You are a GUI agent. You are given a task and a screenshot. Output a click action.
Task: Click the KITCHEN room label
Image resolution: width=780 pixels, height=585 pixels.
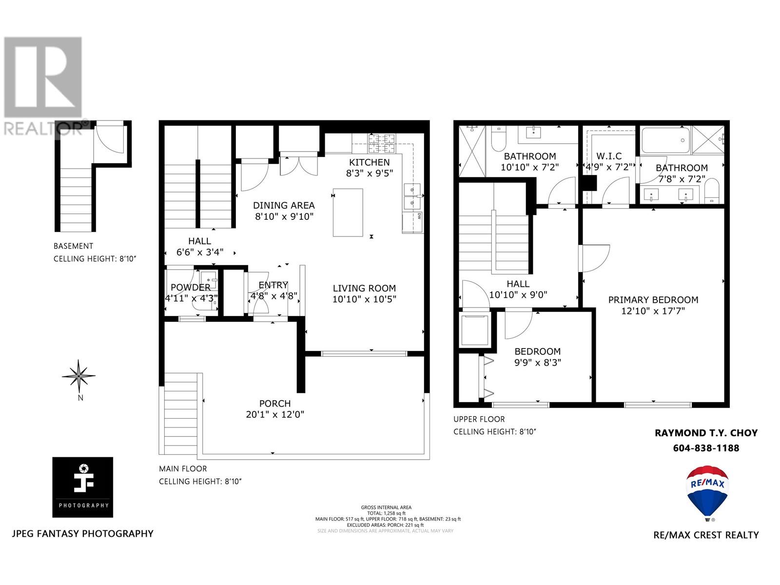369,162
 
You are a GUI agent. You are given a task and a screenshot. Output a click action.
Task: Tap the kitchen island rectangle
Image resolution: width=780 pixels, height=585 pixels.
348,212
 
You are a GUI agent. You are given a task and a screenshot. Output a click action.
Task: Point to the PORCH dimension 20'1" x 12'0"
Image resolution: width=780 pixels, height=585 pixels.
275,415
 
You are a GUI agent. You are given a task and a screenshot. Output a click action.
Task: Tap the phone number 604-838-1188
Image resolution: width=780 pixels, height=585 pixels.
706,448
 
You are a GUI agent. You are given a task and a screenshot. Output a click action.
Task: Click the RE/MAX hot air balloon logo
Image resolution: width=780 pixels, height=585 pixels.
708,492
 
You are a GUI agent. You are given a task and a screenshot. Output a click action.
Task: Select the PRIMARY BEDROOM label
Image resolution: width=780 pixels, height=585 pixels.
653,300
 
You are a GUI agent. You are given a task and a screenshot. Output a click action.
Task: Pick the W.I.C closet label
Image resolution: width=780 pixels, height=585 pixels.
609,156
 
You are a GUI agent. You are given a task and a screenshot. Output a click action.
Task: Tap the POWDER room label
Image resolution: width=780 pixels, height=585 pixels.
191,287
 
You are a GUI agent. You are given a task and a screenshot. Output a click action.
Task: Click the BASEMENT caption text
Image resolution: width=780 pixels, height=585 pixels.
73,246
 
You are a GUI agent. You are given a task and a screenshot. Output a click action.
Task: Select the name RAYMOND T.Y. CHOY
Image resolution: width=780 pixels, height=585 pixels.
706,433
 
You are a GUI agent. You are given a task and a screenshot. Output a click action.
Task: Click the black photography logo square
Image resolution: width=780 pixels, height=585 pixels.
83,487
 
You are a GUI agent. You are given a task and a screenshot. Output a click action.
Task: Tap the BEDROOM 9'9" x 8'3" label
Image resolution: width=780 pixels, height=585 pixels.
537,351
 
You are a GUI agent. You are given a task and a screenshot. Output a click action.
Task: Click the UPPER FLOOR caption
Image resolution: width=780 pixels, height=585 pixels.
479,419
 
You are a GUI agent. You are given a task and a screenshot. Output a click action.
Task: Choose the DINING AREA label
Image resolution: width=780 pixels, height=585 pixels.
284,205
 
